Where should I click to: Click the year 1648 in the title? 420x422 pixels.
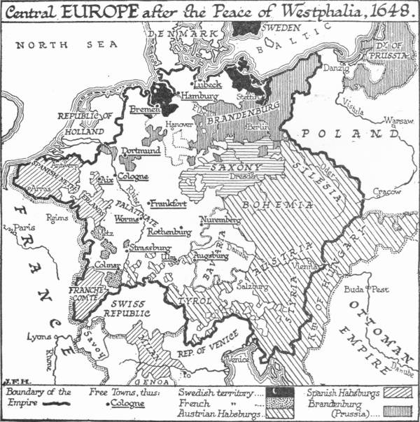[x=387, y=10]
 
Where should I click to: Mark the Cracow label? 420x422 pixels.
[x=386, y=191]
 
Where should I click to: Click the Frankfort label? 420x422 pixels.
[x=169, y=203]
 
